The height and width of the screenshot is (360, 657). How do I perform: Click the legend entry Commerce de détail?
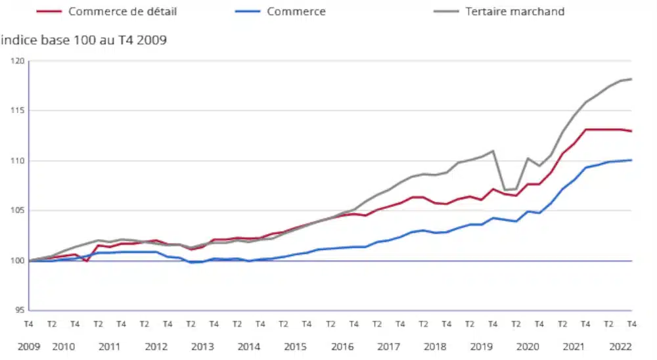click(x=122, y=11)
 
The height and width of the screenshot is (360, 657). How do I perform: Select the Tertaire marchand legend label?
click(x=515, y=11)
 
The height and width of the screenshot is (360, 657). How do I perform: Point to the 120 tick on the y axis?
click(x=16, y=61)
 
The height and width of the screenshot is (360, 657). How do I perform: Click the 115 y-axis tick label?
click(x=16, y=110)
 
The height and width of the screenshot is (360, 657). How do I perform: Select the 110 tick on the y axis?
click(x=16, y=161)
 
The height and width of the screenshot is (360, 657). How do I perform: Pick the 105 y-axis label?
click(x=16, y=211)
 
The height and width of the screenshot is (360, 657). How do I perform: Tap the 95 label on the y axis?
click(x=18, y=310)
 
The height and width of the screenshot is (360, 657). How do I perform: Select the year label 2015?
click(x=295, y=346)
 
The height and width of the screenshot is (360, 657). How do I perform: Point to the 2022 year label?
click(x=620, y=346)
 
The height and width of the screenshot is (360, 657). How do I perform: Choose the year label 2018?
click(x=435, y=346)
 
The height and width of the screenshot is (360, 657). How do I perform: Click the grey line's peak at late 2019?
click(x=493, y=151)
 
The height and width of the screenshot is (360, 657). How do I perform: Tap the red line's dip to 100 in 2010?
click(x=87, y=261)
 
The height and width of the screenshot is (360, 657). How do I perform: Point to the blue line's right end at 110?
click(x=631, y=160)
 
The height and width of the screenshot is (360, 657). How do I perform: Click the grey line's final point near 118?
click(x=631, y=79)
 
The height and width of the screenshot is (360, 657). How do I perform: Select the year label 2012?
click(x=156, y=346)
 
